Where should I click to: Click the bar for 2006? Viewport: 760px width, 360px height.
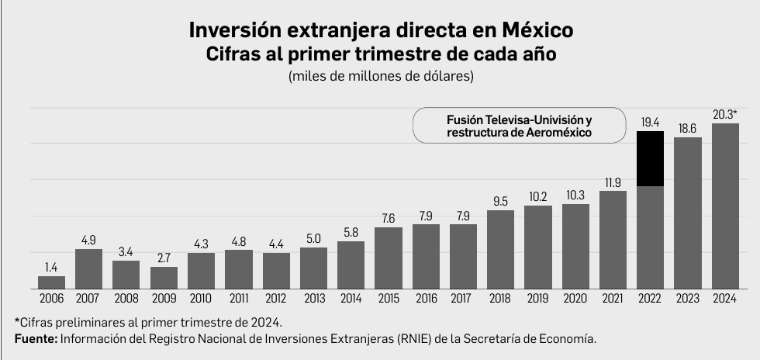(52, 282)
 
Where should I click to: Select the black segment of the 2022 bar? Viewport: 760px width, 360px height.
(650, 159)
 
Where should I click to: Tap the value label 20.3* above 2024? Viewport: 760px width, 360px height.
(724, 115)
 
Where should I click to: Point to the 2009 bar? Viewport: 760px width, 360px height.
(164, 278)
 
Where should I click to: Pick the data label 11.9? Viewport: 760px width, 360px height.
(613, 182)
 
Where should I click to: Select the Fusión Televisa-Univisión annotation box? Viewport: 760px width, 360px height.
(519, 126)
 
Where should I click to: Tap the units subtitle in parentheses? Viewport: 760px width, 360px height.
(380, 76)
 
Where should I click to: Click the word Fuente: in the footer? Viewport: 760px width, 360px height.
(36, 339)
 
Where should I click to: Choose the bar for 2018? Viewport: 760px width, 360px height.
(500, 249)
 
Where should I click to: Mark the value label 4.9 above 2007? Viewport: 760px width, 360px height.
(88, 240)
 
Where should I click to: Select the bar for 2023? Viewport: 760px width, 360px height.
(687, 213)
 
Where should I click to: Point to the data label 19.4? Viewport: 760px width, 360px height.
(650, 123)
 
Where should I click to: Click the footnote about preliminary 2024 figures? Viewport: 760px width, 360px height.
(147, 322)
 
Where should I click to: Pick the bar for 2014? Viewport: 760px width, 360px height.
(351, 265)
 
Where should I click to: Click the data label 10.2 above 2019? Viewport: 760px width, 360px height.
(537, 197)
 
